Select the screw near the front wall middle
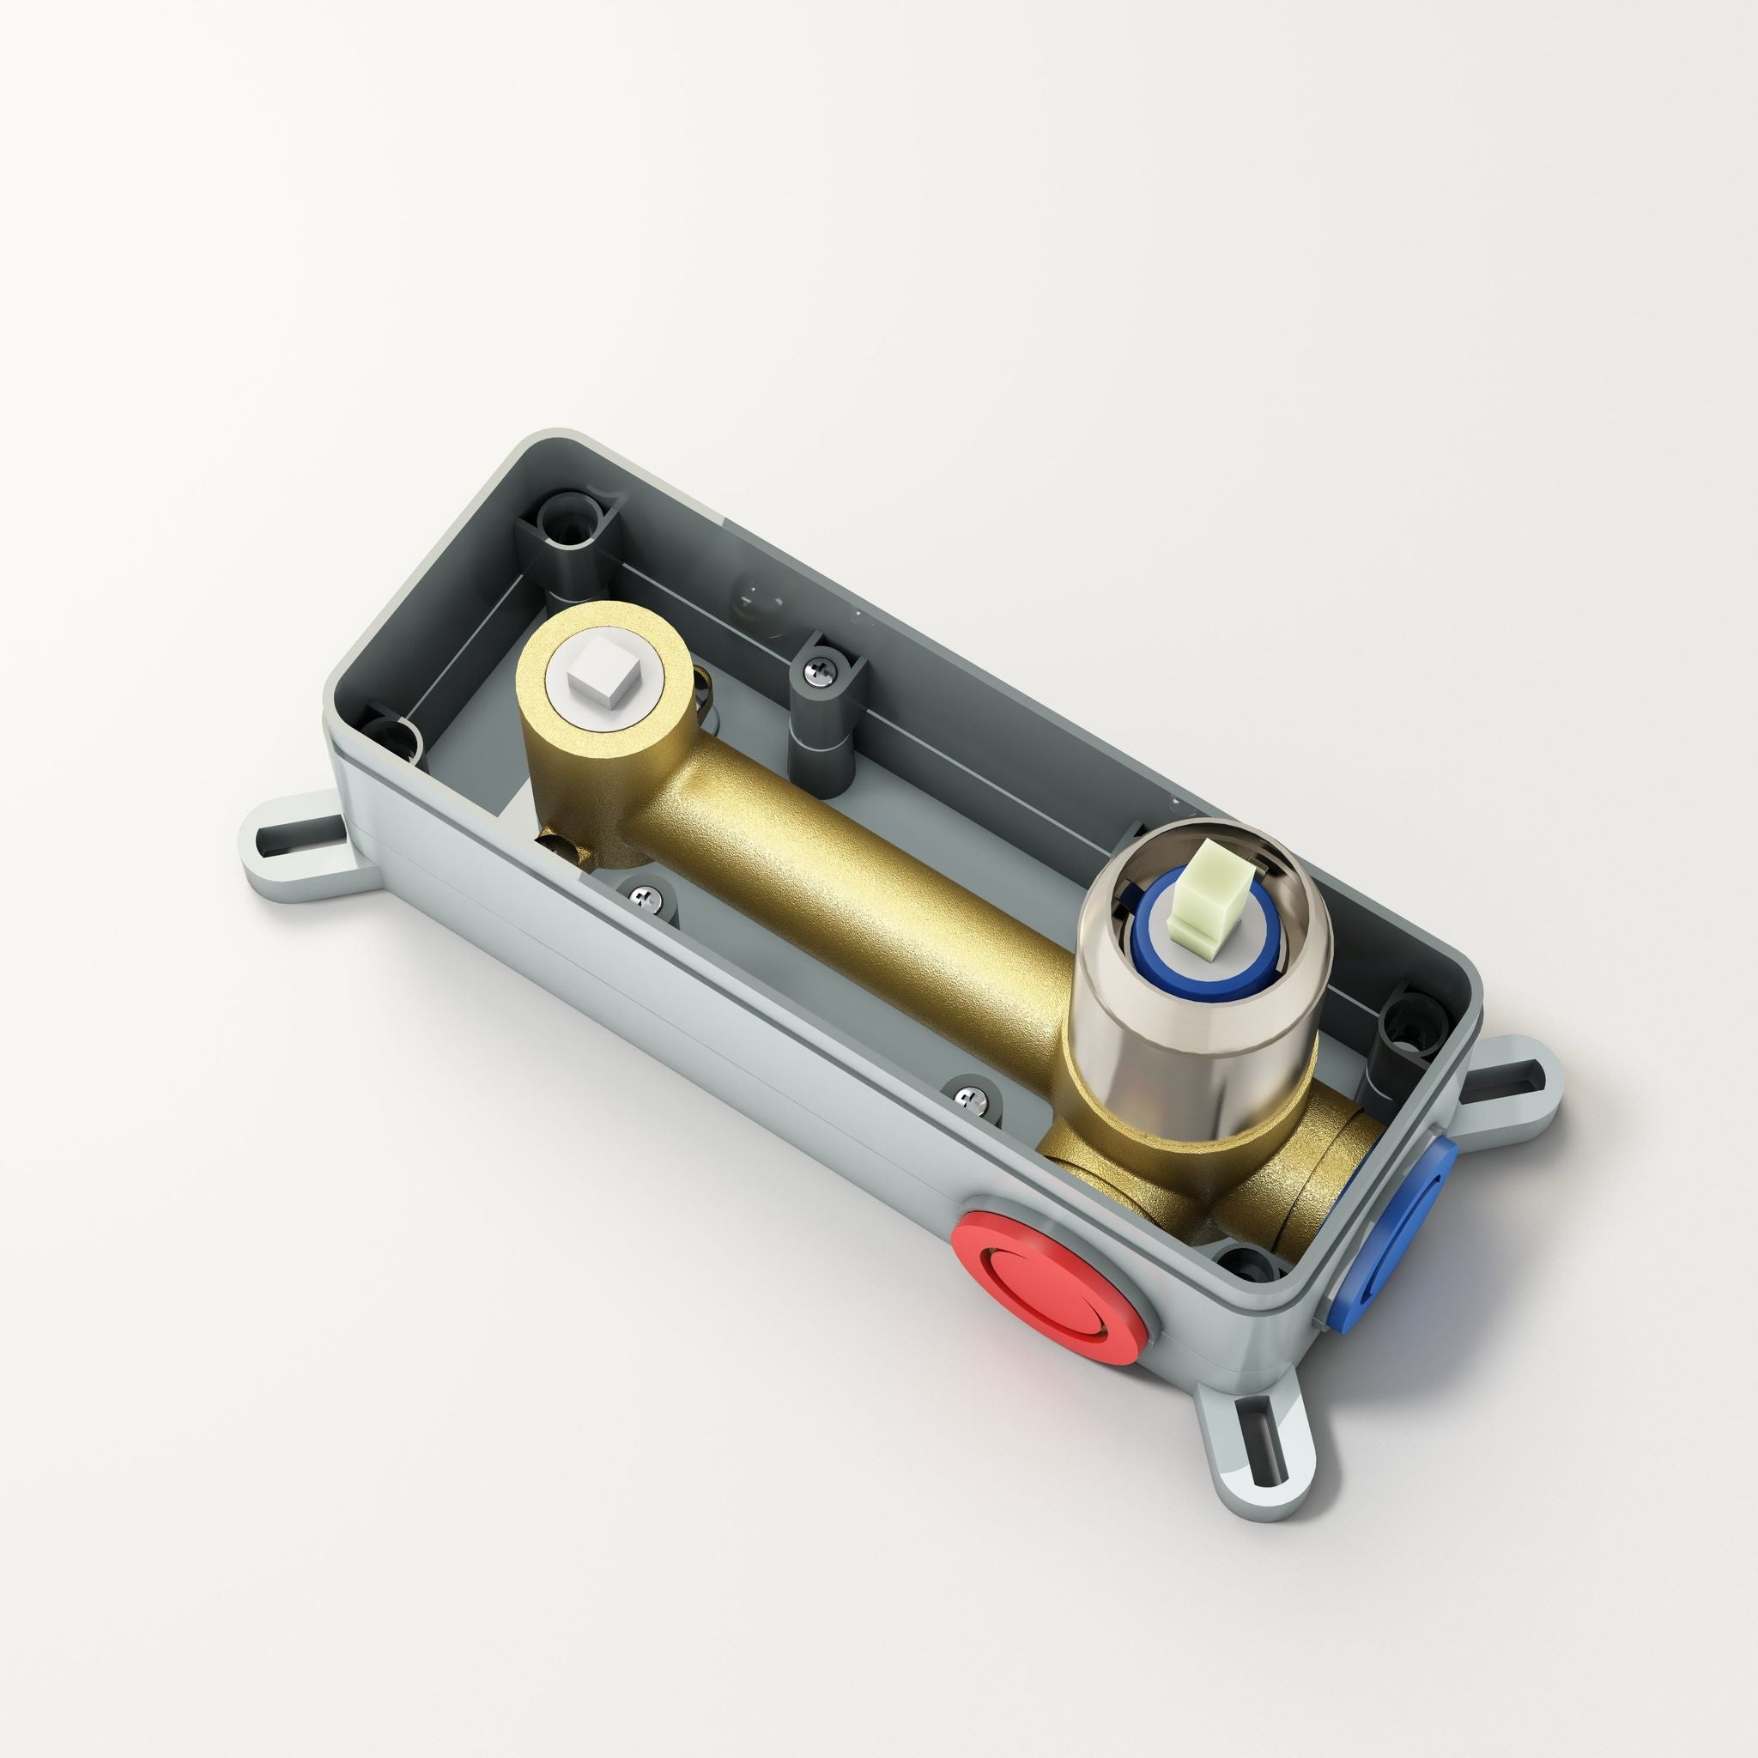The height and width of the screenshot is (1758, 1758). (x=971, y=1100)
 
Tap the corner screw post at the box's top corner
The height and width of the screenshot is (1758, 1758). (x=571, y=521)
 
